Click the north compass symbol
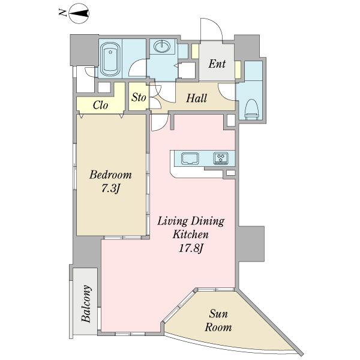pyautogui.click(x=79, y=13)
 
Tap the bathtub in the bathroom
pyautogui.click(x=110, y=59)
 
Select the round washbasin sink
pyautogui.click(x=162, y=47)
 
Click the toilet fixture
pyautogui.click(x=252, y=109)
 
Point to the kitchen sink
pyautogui.click(x=190, y=158)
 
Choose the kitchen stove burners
pyautogui.click(x=221, y=158)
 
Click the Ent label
pyautogui.click(x=217, y=64)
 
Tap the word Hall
pyautogui.click(x=196, y=98)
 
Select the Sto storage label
pyautogui.click(x=139, y=97)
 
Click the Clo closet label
pyautogui.click(x=100, y=105)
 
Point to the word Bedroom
pyautogui.click(x=110, y=175)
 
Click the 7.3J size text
pyautogui.click(x=110, y=189)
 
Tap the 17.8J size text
pyautogui.click(x=191, y=248)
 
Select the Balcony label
pyautogui.click(x=86, y=304)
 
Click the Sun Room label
pyautogui.click(x=218, y=320)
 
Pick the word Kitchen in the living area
pyautogui.click(x=191, y=235)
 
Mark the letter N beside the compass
pyautogui.click(x=62, y=13)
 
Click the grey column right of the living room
pyautogui.click(x=250, y=244)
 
